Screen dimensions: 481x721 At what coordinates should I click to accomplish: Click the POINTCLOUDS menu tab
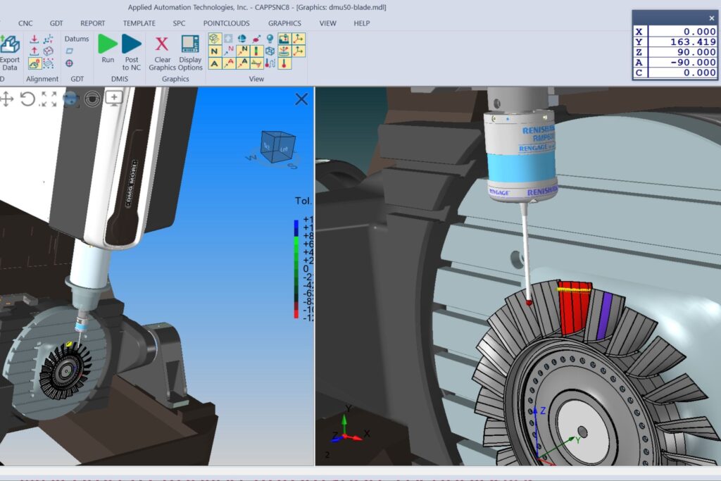coord(226,23)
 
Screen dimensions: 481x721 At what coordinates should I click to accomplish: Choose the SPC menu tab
coord(179,23)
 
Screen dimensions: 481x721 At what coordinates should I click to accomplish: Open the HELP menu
coord(361,23)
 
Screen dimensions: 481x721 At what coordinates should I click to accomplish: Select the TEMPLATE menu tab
coord(139,23)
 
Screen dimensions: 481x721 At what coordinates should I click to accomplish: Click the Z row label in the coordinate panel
coord(639,52)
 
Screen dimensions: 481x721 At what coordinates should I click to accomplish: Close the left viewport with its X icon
coord(301,99)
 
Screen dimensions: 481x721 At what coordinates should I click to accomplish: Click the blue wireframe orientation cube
coord(278,149)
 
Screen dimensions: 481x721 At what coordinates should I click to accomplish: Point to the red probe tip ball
coord(528,302)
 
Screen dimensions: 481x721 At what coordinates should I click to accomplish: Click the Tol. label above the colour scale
coord(303,201)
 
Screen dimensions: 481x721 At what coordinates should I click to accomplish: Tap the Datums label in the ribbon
coord(77,39)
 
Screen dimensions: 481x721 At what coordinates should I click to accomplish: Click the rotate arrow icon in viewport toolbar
coord(27,99)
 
